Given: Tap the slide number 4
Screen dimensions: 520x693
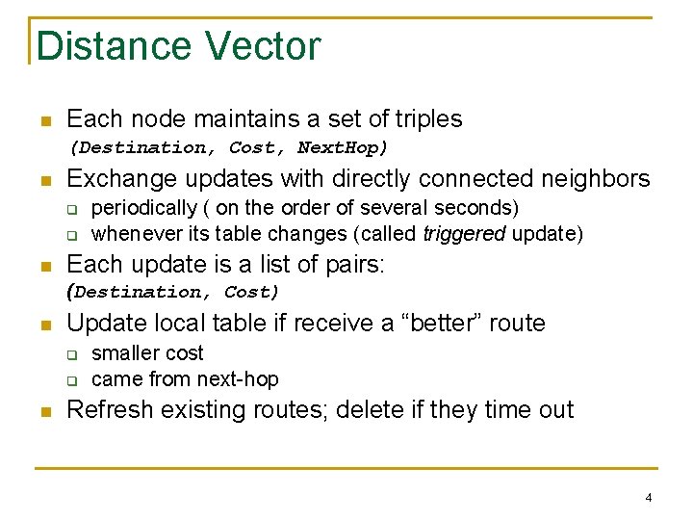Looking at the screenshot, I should pos(649,498).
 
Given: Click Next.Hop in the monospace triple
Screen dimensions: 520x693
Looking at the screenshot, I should pos(342,147).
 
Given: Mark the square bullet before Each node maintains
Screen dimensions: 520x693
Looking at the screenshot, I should pos(44,120).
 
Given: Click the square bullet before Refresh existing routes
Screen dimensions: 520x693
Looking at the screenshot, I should pos(44,411).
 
